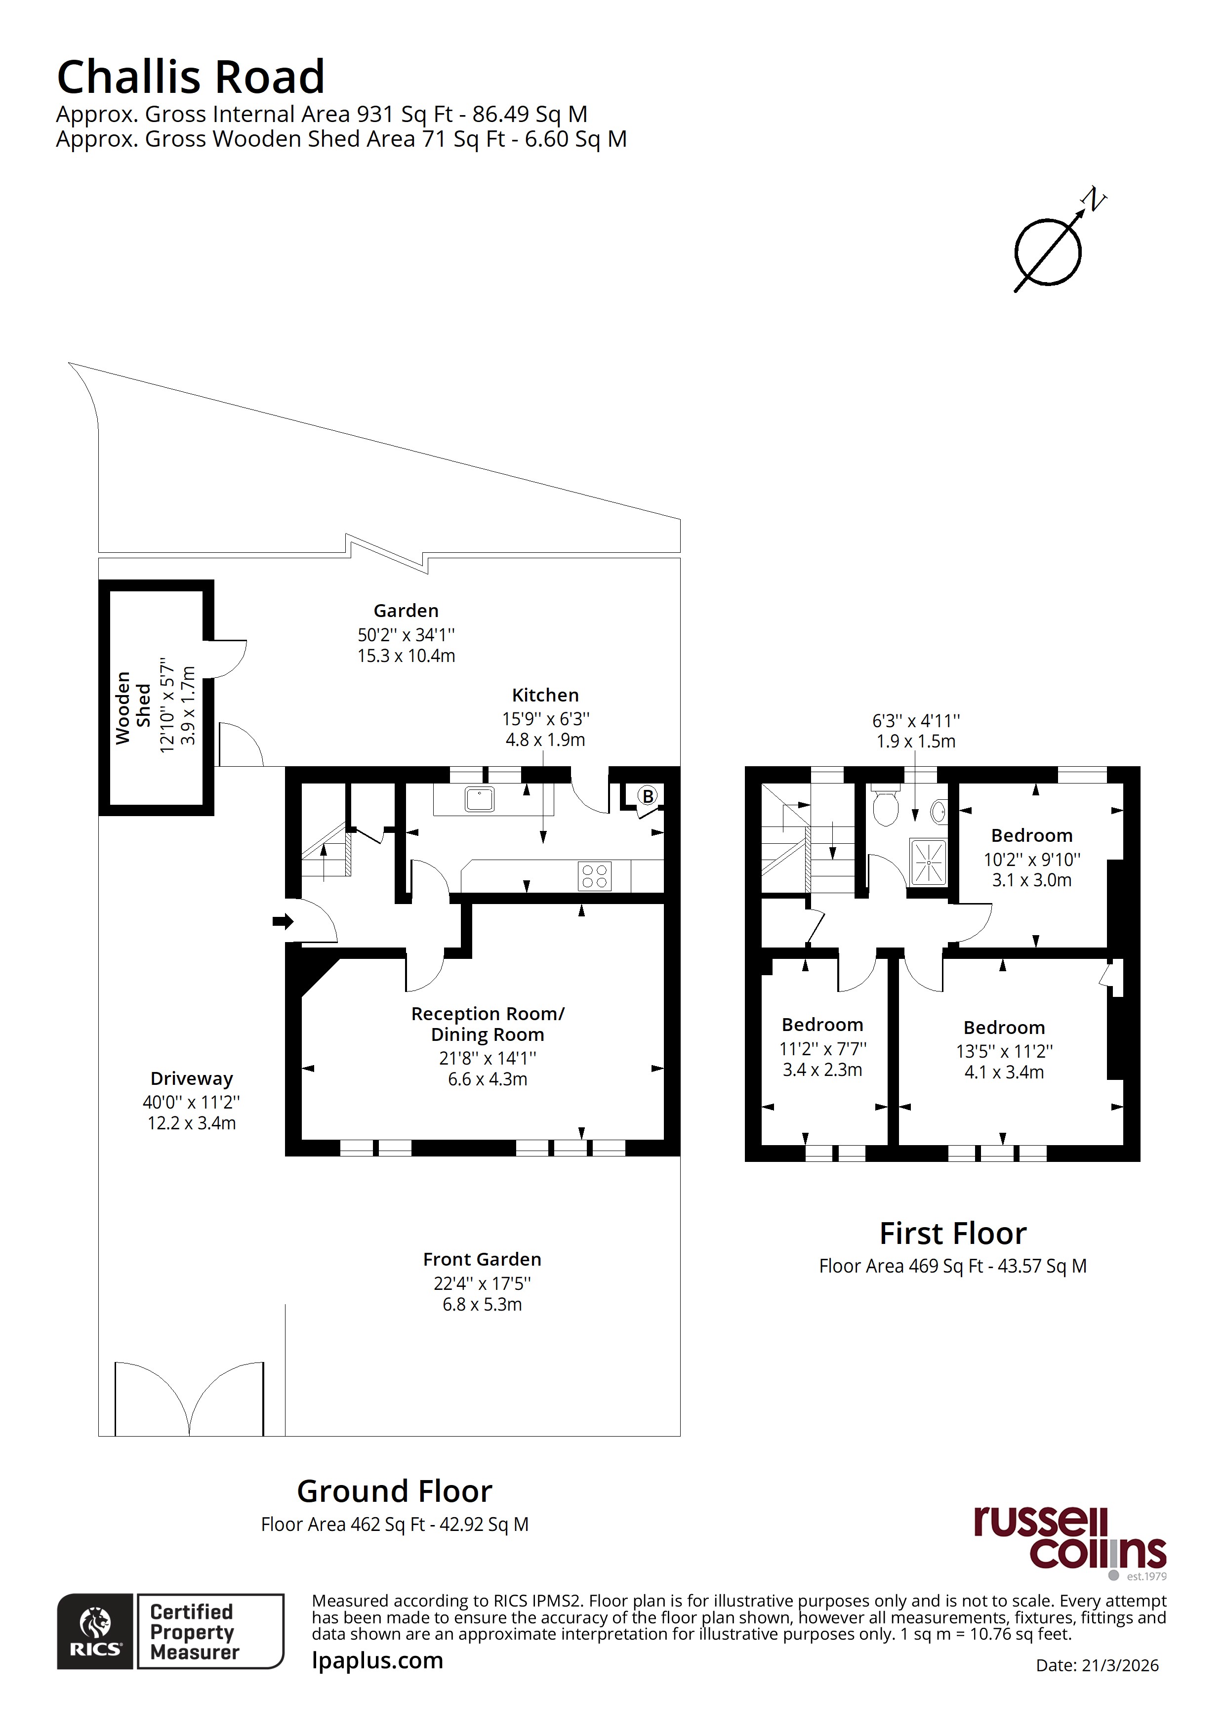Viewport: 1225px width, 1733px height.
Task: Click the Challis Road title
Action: click(191, 77)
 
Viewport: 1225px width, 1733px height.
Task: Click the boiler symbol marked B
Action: click(647, 795)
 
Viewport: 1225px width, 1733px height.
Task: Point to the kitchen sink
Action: click(479, 798)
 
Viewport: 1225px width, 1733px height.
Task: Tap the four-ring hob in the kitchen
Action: click(594, 876)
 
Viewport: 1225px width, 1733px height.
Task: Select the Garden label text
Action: click(406, 610)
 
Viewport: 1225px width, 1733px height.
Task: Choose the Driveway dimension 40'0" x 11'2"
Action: click(192, 1102)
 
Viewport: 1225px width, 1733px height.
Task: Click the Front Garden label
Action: click(482, 1259)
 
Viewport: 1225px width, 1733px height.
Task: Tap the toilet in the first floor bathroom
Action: click(885, 806)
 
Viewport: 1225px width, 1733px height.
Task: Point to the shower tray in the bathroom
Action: click(928, 861)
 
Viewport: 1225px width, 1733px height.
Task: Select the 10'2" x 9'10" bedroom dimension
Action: click(1032, 859)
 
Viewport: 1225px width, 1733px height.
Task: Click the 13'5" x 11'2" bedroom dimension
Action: click(1004, 1051)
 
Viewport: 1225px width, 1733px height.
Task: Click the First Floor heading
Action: click(952, 1234)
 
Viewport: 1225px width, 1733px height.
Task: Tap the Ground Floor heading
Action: click(395, 1491)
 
